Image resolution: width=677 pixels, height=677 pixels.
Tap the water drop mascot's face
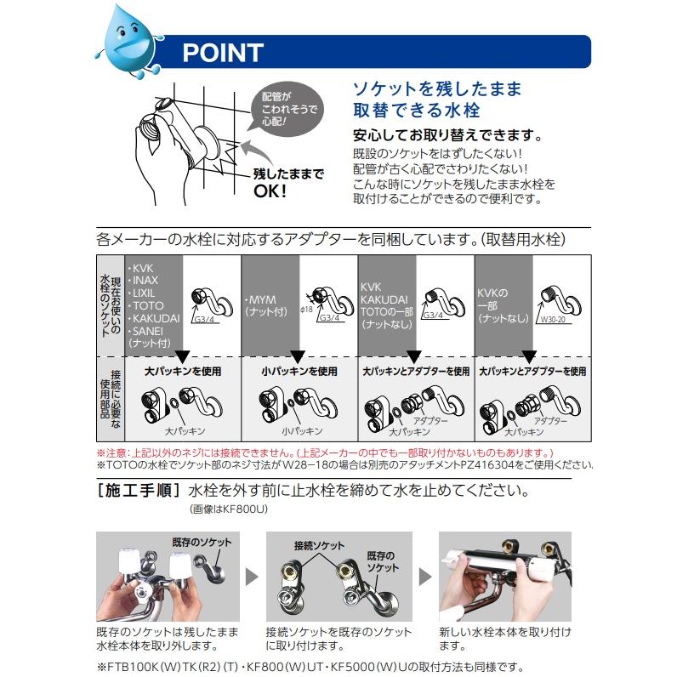[x=128, y=38]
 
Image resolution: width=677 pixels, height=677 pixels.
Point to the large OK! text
[x=271, y=190]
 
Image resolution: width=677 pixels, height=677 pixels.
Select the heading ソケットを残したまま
[x=437, y=89]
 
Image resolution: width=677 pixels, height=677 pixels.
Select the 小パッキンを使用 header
[x=299, y=372]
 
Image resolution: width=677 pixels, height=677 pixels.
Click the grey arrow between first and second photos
[x=252, y=577]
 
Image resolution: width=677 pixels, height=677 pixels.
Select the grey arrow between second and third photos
[x=424, y=577]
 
